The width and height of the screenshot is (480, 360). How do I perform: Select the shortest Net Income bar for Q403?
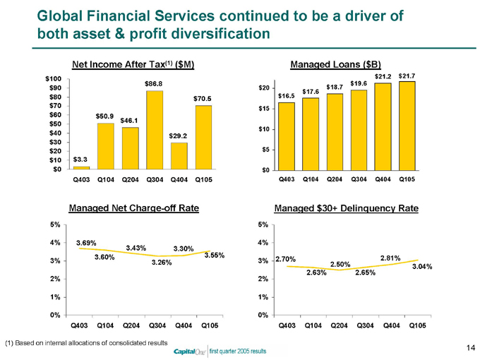point(81,167)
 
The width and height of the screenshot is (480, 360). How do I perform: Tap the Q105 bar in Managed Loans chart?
point(406,126)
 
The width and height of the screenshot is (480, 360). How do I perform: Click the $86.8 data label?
point(155,84)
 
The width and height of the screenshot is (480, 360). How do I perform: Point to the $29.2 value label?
point(179,135)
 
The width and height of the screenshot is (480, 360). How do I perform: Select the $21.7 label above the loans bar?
point(407,76)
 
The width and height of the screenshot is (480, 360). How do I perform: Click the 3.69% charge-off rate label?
point(87,243)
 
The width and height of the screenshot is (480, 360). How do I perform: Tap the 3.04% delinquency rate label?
point(421,266)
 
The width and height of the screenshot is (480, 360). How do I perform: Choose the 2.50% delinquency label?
point(341,263)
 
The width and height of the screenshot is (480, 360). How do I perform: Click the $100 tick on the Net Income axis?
point(53,78)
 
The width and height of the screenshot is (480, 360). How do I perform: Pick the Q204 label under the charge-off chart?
point(130,325)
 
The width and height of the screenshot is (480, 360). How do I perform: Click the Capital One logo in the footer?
point(188,351)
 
